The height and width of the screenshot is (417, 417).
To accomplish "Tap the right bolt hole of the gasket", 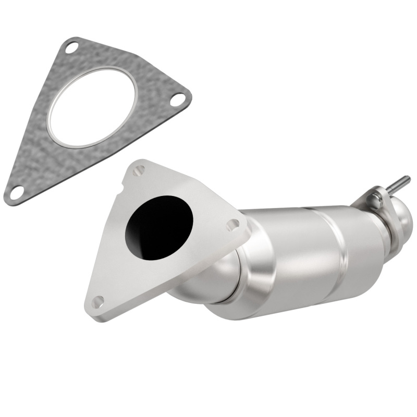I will [x=178, y=98].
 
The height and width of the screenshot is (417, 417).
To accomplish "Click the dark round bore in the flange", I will [x=160, y=225].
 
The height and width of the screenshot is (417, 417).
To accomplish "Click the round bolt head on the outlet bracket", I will [x=374, y=199].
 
